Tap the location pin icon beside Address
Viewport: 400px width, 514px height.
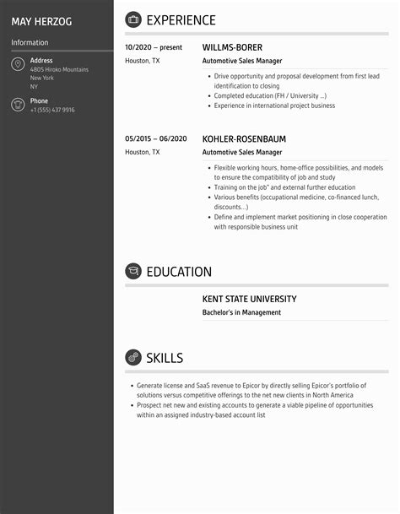click(18, 65)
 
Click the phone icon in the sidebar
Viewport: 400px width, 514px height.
click(18, 105)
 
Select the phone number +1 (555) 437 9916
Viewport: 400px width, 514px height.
click(52, 110)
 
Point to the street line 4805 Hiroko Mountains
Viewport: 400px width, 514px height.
click(59, 69)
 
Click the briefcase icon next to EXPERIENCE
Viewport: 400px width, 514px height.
click(133, 19)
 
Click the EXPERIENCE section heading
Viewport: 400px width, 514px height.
click(181, 20)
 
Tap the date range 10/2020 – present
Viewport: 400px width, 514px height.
click(154, 48)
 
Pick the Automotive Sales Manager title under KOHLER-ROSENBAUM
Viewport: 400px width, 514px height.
click(242, 153)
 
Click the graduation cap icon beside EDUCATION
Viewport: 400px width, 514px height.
click(133, 271)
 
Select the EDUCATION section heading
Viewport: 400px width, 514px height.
click(179, 272)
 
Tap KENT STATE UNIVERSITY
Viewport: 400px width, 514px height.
click(249, 299)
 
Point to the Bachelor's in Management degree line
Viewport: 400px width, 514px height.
click(241, 312)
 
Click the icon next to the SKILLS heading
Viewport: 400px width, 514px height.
click(133, 357)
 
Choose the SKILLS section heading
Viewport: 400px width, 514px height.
click(165, 358)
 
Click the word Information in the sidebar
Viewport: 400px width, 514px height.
click(30, 42)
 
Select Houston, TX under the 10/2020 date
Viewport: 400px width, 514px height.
click(142, 61)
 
